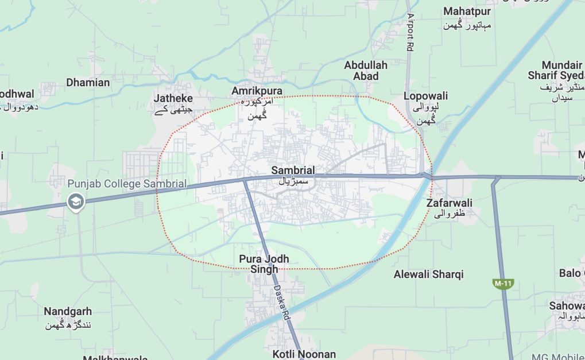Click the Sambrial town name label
coord(293,171)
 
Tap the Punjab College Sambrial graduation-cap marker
coord(75,202)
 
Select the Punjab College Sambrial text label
coord(127,184)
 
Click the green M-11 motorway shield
coord(503,284)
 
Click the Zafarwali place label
coord(450,203)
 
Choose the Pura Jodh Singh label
coord(264,264)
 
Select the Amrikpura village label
coord(257,91)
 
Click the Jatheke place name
coord(173,98)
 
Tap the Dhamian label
coord(88,83)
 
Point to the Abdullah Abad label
coord(366,71)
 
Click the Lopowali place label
coord(425,96)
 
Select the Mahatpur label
coord(467,11)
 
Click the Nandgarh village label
coord(68,312)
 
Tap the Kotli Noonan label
coord(304,354)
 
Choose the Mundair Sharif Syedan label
coord(556,71)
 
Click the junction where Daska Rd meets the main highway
coord(245,180)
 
